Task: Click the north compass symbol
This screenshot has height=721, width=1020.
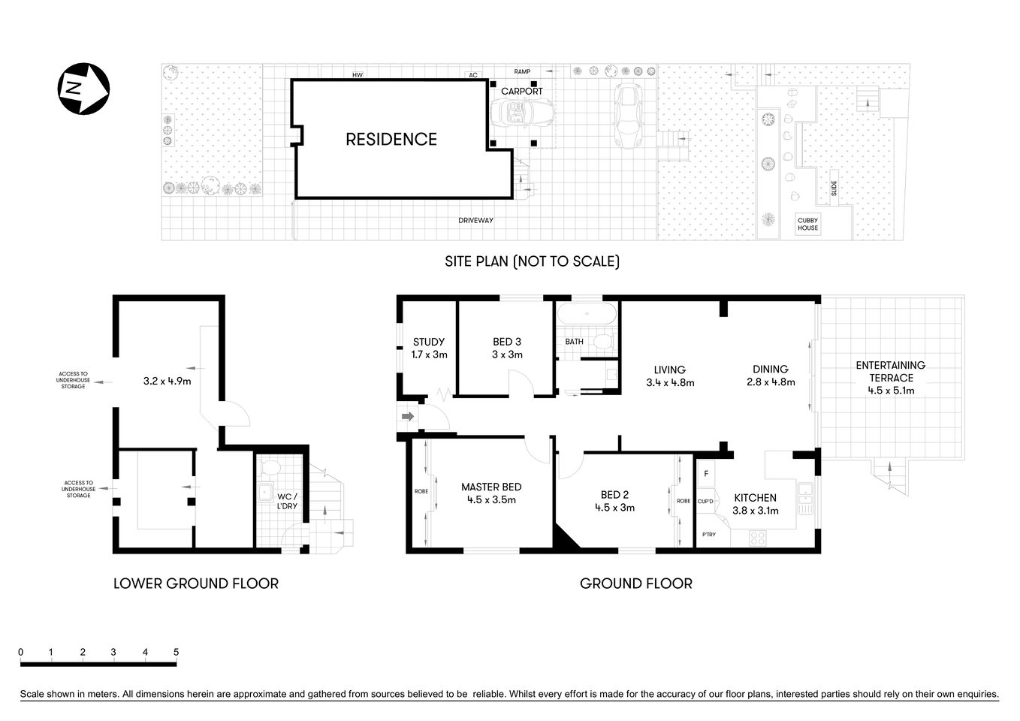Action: click(x=84, y=89)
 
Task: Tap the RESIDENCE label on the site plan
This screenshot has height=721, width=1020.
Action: click(x=391, y=139)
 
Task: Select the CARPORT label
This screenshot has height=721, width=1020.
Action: click(x=521, y=91)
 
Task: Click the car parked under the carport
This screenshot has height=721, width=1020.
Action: click(x=521, y=114)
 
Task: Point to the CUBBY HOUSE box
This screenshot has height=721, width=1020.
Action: click(x=808, y=224)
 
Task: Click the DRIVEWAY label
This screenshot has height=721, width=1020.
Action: click(x=476, y=220)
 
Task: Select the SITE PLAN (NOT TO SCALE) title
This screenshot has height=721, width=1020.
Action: click(x=532, y=261)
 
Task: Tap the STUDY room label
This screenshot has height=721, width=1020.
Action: click(x=429, y=342)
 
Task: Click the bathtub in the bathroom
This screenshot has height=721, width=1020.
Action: click(x=587, y=313)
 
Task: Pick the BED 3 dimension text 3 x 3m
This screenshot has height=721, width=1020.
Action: click(x=507, y=354)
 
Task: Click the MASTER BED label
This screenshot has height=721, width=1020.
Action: click(x=491, y=487)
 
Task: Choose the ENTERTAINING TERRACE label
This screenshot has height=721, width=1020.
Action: click(x=891, y=371)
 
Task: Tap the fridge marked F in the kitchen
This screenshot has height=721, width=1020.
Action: click(x=706, y=474)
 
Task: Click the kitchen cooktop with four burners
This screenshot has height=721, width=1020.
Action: click(x=757, y=538)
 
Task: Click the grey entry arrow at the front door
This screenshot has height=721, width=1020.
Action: click(x=409, y=416)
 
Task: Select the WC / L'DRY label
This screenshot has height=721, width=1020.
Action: click(x=288, y=501)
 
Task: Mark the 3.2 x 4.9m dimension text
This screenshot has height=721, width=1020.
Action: click(x=167, y=381)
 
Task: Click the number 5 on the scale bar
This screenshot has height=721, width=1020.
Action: click(x=176, y=652)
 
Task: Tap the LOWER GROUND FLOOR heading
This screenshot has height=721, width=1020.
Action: click(x=195, y=584)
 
